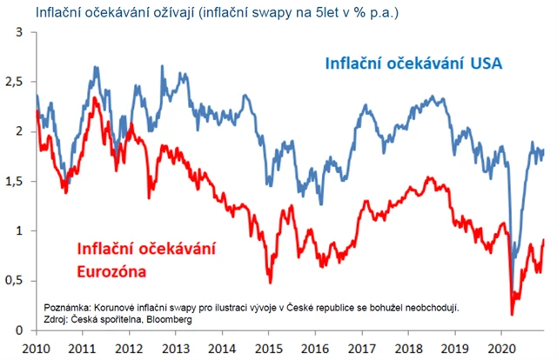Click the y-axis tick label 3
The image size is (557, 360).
pyautogui.click(x=19, y=32)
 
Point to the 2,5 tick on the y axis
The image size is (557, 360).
pyautogui.click(x=15, y=82)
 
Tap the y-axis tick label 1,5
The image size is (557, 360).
pyautogui.click(x=15, y=182)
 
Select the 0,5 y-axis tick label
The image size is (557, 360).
pyautogui.click(x=15, y=281)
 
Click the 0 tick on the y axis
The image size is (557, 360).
pyautogui.click(x=19, y=330)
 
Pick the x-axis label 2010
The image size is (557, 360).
pyautogui.click(x=35, y=347)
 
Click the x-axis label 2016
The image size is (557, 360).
pyautogui.click(x=315, y=347)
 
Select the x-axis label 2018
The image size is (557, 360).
pyautogui.click(x=408, y=347)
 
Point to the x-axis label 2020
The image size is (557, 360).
pyautogui.click(x=502, y=347)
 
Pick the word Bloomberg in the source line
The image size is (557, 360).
pyautogui.click(x=167, y=319)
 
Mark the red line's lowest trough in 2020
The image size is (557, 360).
pyautogui.click(x=512, y=313)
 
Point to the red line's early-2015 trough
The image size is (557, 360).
pyautogui.click(x=270, y=282)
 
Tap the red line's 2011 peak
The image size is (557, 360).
pyautogui.click(x=94, y=98)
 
